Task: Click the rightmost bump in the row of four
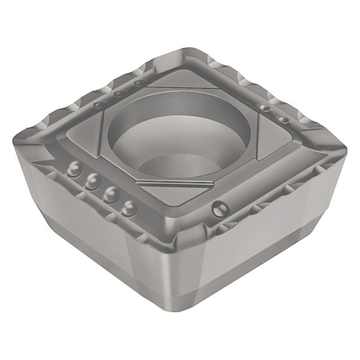point(127,210)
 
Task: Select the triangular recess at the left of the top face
point(88,132)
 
